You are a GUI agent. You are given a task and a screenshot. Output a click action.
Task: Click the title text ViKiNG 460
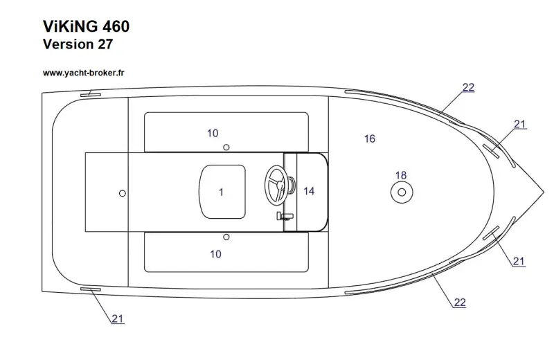coord(86,26)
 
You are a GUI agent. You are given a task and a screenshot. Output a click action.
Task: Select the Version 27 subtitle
coord(78,45)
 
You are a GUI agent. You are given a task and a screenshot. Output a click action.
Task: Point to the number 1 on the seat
coord(221,192)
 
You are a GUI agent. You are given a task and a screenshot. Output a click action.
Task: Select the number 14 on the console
coord(309,191)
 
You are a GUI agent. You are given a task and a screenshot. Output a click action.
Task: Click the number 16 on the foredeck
coord(369,139)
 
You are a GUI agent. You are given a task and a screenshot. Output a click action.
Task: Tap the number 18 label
coord(400,175)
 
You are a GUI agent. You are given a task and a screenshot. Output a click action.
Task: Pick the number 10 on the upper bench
coord(213,133)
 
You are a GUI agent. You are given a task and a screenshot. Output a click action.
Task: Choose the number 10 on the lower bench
coord(215,254)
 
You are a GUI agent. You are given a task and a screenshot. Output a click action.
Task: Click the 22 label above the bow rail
coord(468,87)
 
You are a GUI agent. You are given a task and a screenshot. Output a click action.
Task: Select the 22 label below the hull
coord(459,302)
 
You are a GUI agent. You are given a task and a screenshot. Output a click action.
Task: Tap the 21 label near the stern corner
coord(118,318)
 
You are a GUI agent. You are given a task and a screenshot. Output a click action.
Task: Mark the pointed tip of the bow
coord(542,190)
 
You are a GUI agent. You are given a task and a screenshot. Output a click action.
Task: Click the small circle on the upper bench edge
coord(226,147)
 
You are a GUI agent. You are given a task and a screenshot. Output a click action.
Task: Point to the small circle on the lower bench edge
coord(226,237)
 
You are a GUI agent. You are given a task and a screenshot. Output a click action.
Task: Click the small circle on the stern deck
coord(123,192)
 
